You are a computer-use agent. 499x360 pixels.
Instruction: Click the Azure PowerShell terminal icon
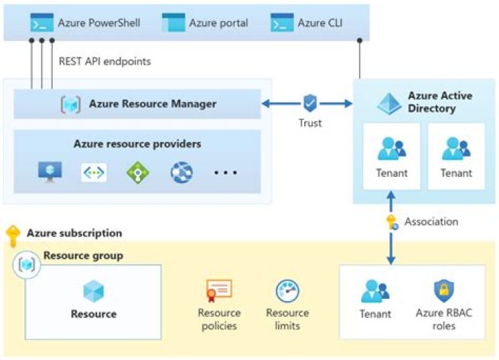coord(42,22)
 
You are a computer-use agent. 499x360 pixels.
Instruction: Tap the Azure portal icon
coord(173,22)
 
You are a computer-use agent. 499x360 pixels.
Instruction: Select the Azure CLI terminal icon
coord(282,22)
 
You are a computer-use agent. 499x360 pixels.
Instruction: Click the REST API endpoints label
coord(105,61)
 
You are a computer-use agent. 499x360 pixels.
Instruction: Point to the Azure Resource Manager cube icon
coord(71,104)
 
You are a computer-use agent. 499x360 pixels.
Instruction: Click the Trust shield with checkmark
coord(310,103)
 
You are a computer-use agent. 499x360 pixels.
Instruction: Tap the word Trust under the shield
coord(310,123)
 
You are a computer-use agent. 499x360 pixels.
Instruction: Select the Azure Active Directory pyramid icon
coord(389,103)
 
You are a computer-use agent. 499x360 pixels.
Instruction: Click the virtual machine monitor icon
coord(50,172)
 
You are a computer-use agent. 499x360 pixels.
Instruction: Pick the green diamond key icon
coord(138,173)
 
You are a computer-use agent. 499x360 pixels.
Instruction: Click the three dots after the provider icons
coord(226,173)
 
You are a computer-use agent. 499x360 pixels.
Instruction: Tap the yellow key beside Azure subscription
coord(13,236)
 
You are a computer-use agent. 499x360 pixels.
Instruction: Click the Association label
coord(431,221)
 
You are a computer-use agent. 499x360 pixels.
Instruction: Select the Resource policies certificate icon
coord(219,290)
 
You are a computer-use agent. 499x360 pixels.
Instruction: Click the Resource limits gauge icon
coord(288,291)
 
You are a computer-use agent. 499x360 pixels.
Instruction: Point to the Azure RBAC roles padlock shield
coord(444,291)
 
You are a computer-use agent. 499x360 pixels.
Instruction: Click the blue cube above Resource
coord(94,291)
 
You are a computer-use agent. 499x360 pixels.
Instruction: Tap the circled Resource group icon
coord(27,264)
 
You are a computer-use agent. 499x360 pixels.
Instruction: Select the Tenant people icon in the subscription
coord(375,291)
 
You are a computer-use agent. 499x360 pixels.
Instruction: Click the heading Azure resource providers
coord(137,144)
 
